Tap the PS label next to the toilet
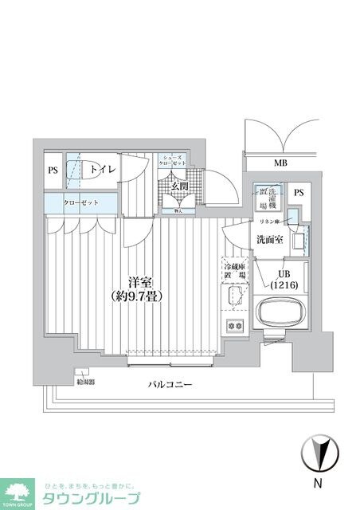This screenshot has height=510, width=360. click(53, 170)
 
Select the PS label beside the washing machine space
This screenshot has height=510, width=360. click(299, 192)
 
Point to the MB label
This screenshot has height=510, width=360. click(280, 163)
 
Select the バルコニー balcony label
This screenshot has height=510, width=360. click(170, 385)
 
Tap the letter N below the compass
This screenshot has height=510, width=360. click(318, 483)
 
